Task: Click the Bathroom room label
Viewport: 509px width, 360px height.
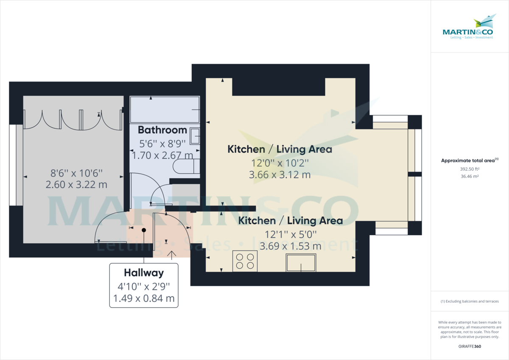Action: pyautogui.click(x=162, y=130)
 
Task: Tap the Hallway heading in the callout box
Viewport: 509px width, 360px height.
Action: pyautogui.click(x=144, y=273)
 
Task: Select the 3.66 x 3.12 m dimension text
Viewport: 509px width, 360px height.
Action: pyautogui.click(x=280, y=174)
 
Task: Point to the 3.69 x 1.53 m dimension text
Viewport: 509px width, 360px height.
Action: pyautogui.click(x=290, y=246)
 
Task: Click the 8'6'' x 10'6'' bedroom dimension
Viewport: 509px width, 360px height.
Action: pyautogui.click(x=76, y=173)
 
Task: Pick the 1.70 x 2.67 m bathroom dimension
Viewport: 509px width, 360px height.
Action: pyautogui.click(x=162, y=155)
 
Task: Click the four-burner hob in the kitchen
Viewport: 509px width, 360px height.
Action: pyautogui.click(x=245, y=261)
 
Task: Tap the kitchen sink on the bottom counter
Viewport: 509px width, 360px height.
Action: pyautogui.click(x=301, y=262)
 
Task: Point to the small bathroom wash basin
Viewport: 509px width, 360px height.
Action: pyautogui.click(x=195, y=136)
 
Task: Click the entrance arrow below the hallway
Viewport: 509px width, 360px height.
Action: pyautogui.click(x=172, y=255)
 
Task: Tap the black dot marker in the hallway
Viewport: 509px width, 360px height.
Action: pyautogui.click(x=144, y=230)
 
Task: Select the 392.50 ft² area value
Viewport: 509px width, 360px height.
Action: pyautogui.click(x=470, y=169)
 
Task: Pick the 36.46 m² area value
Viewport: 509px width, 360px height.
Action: pyautogui.click(x=470, y=176)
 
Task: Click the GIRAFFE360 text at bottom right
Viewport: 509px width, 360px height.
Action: pyautogui.click(x=470, y=346)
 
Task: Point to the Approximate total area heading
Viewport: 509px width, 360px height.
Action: pyautogui.click(x=469, y=160)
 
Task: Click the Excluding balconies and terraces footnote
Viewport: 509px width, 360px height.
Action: pyautogui.click(x=470, y=301)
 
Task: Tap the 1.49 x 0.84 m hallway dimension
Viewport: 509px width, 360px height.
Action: pyautogui.click(x=144, y=298)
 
